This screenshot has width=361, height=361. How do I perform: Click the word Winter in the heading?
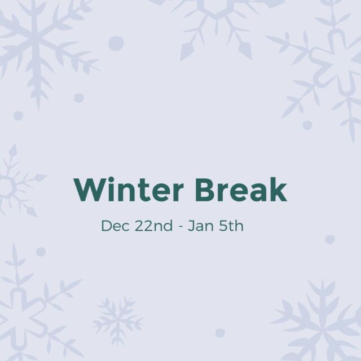pos(129,190)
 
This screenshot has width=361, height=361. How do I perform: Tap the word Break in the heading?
pos(241,189)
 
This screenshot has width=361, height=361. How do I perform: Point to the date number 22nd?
pos(153,226)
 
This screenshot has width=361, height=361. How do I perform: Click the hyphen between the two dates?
pos(181,227)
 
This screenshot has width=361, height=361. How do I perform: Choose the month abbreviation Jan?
pos(201,226)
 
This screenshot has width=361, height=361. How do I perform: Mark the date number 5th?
pos(231,226)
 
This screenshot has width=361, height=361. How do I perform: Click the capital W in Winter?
pos(89,190)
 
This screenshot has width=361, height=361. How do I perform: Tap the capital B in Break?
pos(205,190)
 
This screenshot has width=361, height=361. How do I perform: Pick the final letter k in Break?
pos(278,190)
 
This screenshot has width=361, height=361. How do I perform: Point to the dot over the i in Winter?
pos(112,179)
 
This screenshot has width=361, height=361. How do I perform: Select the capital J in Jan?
pos(191,226)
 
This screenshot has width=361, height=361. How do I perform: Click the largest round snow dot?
pos(116,43)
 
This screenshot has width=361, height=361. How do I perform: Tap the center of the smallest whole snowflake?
pos(118,320)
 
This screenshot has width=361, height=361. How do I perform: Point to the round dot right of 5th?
pos(329,239)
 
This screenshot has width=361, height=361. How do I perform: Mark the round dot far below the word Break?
pos(220,333)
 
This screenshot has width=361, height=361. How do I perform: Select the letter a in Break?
pos(256,192)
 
